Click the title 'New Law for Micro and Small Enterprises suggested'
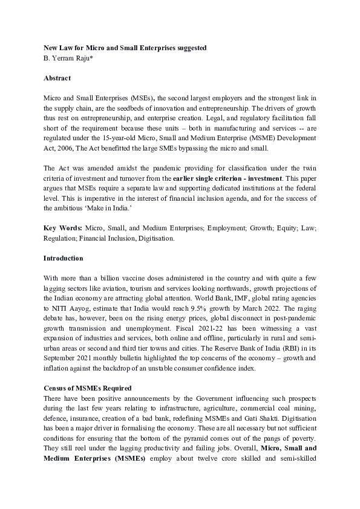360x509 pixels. pyautogui.click(x=125, y=47)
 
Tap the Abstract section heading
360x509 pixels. pyautogui.click(x=57, y=78)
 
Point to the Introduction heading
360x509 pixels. pyautogui.click(x=63, y=258)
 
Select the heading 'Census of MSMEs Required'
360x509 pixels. pyautogui.click(x=87, y=387)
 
